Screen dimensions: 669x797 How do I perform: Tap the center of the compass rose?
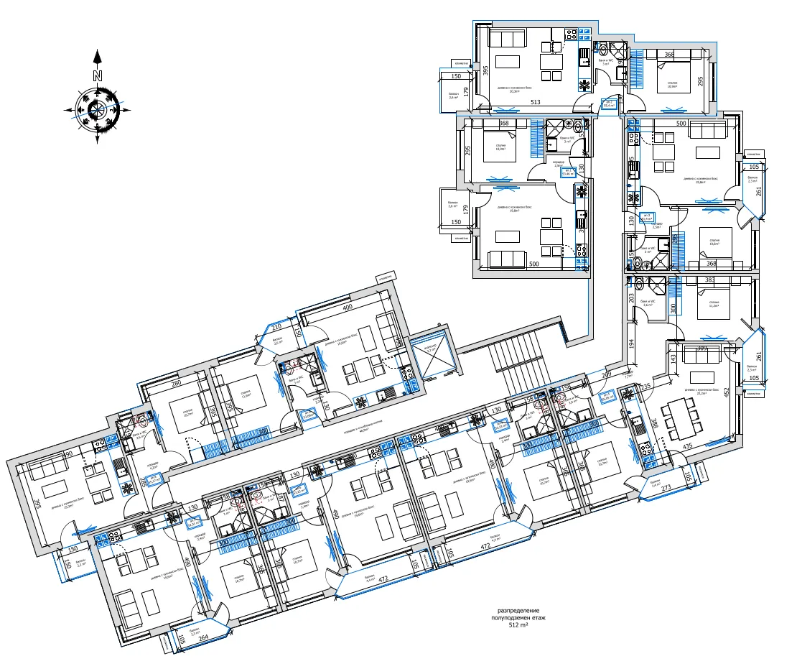[x=98, y=110]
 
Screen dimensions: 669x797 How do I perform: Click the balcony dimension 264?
[x=203, y=637]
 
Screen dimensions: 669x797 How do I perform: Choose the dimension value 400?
[x=348, y=308]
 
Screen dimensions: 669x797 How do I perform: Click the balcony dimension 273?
[x=666, y=489]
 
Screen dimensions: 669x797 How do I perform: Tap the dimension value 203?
[x=630, y=297]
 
